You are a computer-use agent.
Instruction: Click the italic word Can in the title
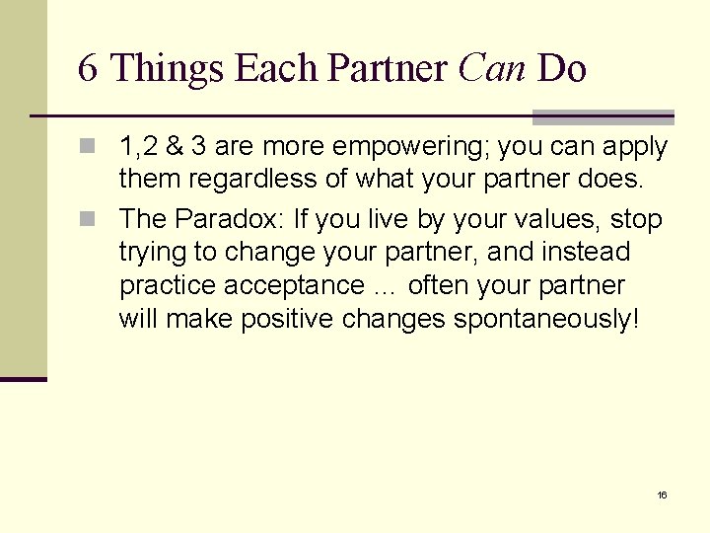(493, 69)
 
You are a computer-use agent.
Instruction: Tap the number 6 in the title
(88, 69)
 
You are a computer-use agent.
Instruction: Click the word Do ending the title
(562, 69)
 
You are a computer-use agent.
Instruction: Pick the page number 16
(662, 495)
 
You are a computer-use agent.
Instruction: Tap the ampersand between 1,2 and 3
(174, 148)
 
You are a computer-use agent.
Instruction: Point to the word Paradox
(226, 218)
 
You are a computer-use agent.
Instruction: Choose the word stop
(636, 219)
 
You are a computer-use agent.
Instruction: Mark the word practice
(168, 286)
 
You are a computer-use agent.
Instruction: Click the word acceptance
(294, 286)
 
